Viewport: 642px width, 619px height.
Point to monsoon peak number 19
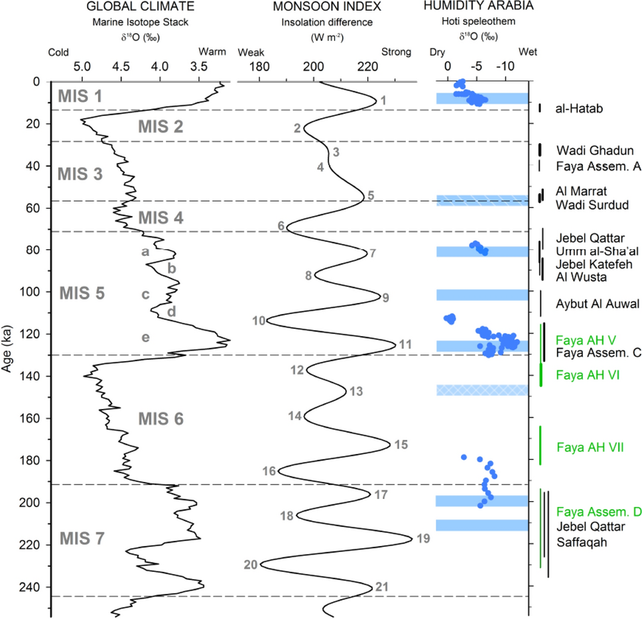pyautogui.click(x=424, y=538)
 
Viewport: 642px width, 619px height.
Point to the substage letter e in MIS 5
pyautogui.click(x=145, y=337)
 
